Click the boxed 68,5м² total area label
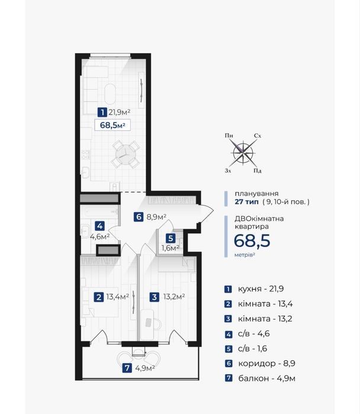tap(112, 125)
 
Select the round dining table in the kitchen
tap(126, 155)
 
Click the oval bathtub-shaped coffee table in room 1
tap(110, 94)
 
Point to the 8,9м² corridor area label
tap(156, 217)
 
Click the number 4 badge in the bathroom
tap(99, 226)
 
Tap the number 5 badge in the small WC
tap(171, 239)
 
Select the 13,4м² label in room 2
tap(117, 297)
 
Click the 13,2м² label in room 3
tap(174, 297)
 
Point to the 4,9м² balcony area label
tap(145, 368)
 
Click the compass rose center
tap(243, 153)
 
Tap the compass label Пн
tap(229, 136)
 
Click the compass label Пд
tap(258, 171)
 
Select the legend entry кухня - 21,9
tap(261, 289)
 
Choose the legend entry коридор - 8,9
tap(266, 364)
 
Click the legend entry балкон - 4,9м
tap(266, 378)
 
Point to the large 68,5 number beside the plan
tap(252, 240)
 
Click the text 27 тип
tap(247, 202)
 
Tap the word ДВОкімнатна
tap(259, 219)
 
